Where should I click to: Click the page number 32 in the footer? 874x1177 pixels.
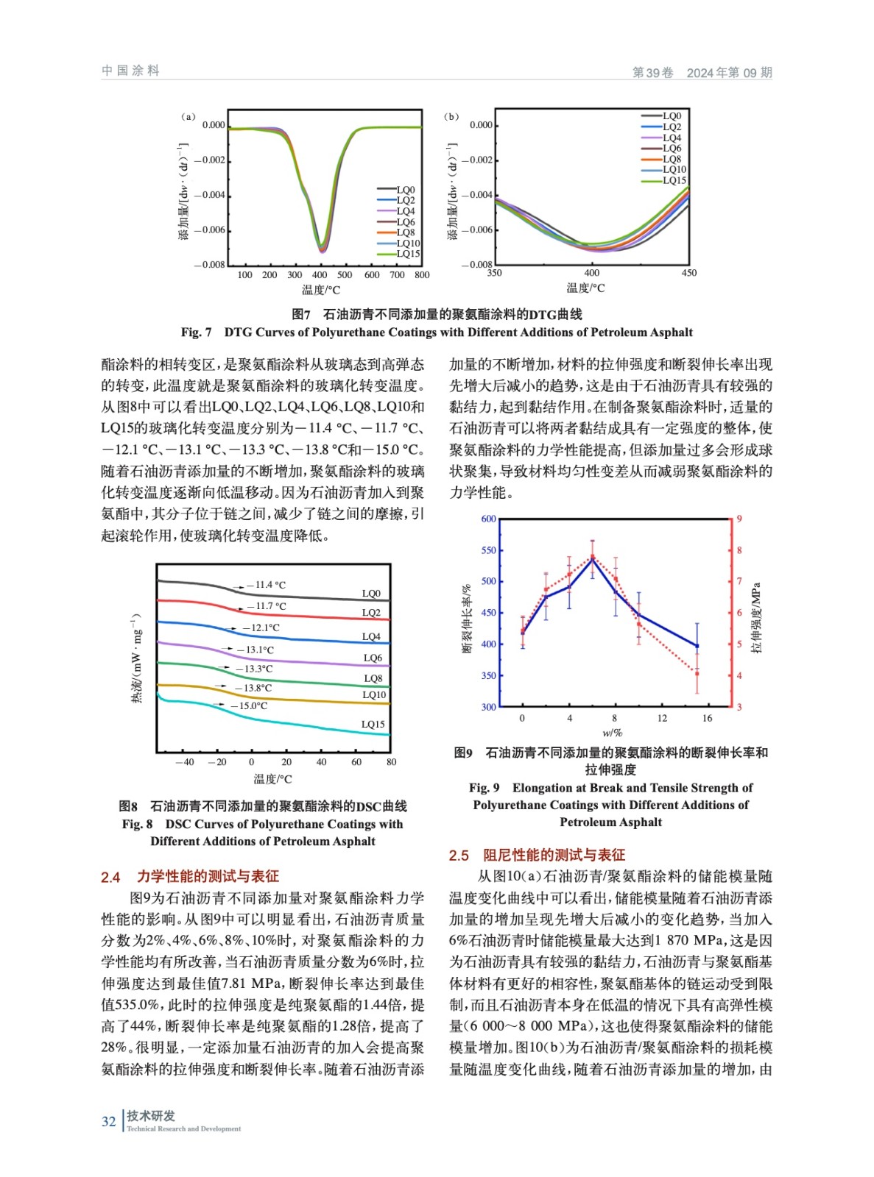pyautogui.click(x=108, y=1121)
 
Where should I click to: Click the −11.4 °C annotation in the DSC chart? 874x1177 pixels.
pyautogui.click(x=266, y=585)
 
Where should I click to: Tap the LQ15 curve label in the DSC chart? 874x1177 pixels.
pyautogui.click(x=373, y=724)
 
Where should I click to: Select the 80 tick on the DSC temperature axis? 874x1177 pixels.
pyautogui.click(x=391, y=762)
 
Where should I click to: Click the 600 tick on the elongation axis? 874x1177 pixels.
pyautogui.click(x=488, y=519)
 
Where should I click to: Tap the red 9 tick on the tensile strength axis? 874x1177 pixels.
pyautogui.click(x=739, y=519)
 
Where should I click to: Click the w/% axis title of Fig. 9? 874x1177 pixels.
pyautogui.click(x=612, y=733)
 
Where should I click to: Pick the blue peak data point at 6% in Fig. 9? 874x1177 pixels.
pyautogui.click(x=593, y=560)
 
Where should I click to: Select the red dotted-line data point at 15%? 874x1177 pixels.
pyautogui.click(x=697, y=673)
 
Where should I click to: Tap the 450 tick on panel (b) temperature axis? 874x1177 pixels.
pyautogui.click(x=688, y=273)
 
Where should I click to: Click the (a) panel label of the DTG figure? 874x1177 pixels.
pyautogui.click(x=188, y=117)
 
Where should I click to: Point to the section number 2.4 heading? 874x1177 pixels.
pyautogui.click(x=110, y=877)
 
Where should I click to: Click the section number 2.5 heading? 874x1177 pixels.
pyautogui.click(x=459, y=856)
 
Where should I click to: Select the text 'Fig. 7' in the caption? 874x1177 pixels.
pyautogui.click(x=196, y=333)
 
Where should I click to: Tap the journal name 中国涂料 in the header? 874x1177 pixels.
pyautogui.click(x=130, y=71)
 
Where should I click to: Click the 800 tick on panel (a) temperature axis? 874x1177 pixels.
pyautogui.click(x=422, y=275)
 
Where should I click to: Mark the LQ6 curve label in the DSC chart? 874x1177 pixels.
pyautogui.click(x=373, y=658)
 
